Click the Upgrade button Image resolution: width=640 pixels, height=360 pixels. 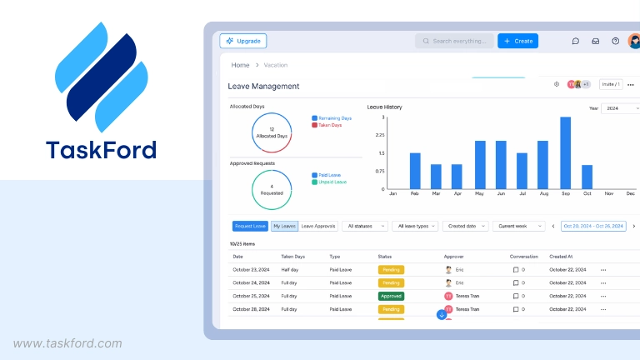click(x=243, y=41)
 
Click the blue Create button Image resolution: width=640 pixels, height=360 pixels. click(x=517, y=41)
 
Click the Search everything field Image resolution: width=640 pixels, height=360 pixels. click(x=454, y=41)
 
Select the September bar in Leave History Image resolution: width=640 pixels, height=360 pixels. click(x=565, y=152)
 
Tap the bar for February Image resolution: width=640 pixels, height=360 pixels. click(x=415, y=171)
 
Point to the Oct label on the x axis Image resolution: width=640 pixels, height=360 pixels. click(x=587, y=194)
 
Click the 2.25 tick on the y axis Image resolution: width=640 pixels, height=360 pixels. click(x=380, y=135)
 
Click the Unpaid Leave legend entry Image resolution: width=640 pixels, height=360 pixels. click(x=332, y=182)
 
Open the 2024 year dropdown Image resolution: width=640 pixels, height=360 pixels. click(x=618, y=108)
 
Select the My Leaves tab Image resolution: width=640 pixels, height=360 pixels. click(x=284, y=226)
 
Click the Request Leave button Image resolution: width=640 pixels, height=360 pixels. click(x=250, y=226)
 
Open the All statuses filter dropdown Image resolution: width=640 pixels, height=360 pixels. click(x=366, y=226)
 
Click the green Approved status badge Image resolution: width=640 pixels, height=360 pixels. click(x=391, y=296)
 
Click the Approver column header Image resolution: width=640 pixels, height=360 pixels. click(x=454, y=257)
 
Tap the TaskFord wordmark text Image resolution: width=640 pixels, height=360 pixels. click(x=101, y=151)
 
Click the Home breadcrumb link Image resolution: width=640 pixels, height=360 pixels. click(x=240, y=65)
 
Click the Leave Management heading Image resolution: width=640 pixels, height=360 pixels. click(x=263, y=86)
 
